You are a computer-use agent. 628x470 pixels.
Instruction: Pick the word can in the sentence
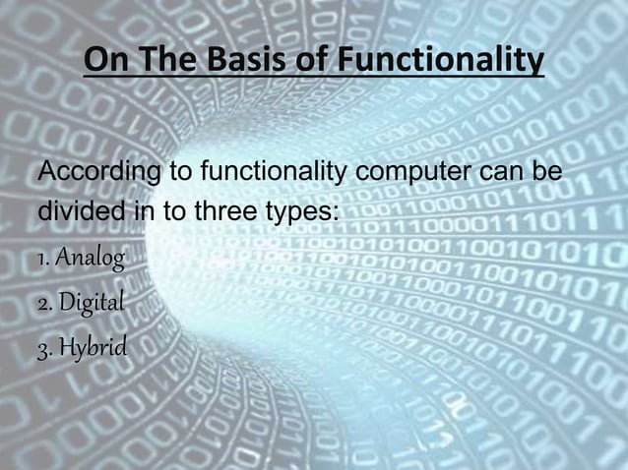click(x=502, y=174)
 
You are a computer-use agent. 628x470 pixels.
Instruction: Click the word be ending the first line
click(x=546, y=174)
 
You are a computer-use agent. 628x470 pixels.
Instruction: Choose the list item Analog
click(x=90, y=260)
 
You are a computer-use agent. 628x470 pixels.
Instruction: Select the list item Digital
click(x=91, y=302)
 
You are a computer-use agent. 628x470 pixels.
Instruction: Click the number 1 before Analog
click(x=41, y=261)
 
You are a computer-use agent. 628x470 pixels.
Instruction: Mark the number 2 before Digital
click(x=42, y=302)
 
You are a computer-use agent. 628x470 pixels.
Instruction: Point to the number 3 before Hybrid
click(x=42, y=346)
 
